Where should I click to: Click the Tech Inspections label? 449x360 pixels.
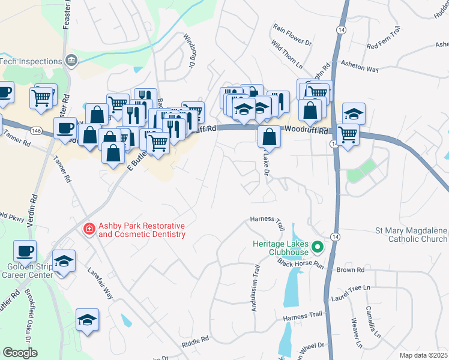pyautogui.click(x=31, y=61)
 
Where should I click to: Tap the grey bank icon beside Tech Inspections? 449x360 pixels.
pyautogui.click(x=71, y=61)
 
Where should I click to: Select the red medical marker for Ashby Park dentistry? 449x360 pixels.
pyautogui.click(x=89, y=229)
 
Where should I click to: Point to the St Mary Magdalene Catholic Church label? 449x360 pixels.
pyautogui.click(x=411, y=235)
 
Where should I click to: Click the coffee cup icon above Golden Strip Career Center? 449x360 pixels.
pyautogui.click(x=25, y=251)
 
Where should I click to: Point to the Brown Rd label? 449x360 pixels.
pyautogui.click(x=351, y=271)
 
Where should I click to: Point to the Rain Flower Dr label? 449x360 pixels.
pyautogui.click(x=293, y=35)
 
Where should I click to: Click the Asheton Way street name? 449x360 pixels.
pyautogui.click(x=359, y=65)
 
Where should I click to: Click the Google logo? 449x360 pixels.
pyautogui.click(x=20, y=353)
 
